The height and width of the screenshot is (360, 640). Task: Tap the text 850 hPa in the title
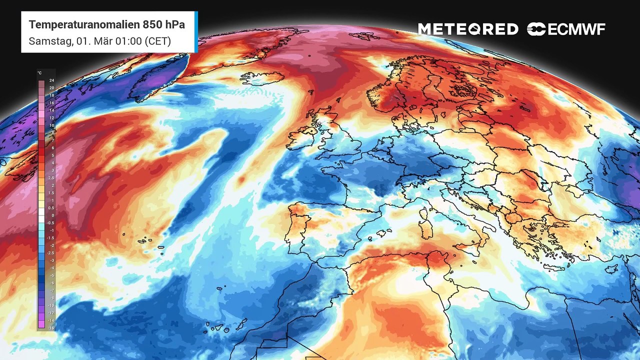point(163,24)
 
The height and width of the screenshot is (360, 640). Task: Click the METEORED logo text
point(468,29)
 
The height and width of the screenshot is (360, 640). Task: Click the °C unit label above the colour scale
point(39,73)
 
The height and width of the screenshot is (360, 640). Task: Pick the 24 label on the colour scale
point(51,80)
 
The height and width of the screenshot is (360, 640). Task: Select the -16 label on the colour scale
point(51,327)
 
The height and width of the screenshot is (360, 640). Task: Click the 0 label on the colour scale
point(52,215)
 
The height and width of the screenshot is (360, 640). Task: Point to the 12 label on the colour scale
point(51,117)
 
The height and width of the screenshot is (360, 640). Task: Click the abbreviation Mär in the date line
point(94,41)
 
